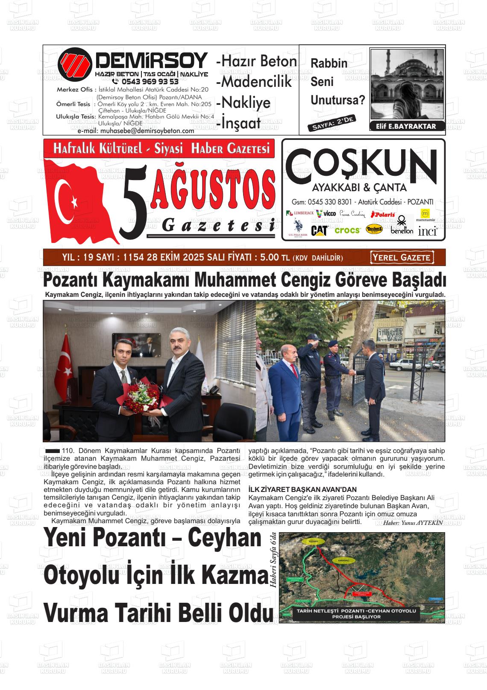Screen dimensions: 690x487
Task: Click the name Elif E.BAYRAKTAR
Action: pos(406,126)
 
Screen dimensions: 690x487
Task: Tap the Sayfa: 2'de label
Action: pos(332,124)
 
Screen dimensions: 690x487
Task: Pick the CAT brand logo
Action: pos(319,231)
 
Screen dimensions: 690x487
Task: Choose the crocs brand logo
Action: pos(347,230)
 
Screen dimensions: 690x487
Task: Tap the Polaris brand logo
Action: pos(383,214)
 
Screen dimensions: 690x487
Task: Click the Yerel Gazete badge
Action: pos(402,258)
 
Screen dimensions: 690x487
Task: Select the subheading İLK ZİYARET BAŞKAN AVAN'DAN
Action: pos(302,489)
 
